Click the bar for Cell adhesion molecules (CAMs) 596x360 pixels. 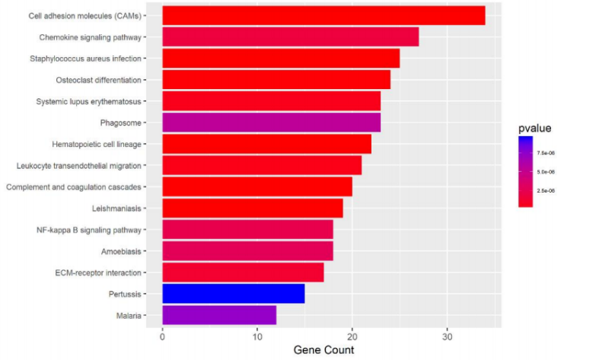tap(323, 15)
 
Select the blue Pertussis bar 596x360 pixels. tap(234, 293)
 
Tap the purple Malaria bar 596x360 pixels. tap(219, 314)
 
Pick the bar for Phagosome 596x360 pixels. tap(271, 123)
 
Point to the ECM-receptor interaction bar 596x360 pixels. tap(243, 272)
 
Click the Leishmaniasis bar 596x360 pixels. tap(253, 208)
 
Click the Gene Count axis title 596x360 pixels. tap(323, 350)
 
